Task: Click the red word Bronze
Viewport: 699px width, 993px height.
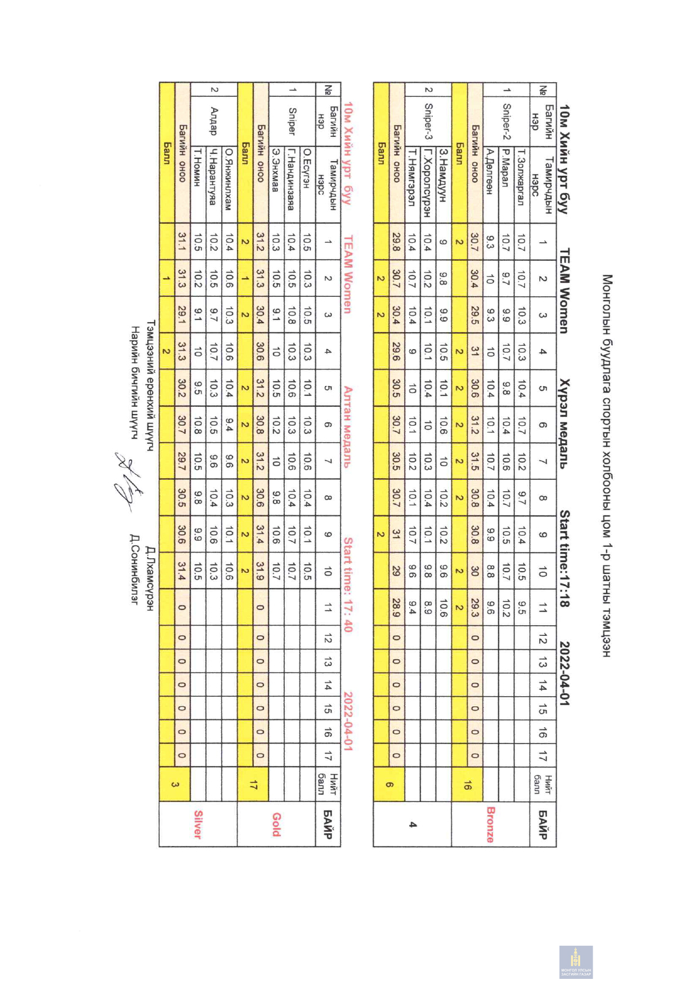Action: coord(490,824)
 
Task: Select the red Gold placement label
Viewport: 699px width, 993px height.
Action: coord(276,824)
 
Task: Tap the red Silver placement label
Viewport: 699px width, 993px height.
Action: coord(197,824)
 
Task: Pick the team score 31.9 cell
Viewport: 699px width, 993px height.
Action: coord(260,571)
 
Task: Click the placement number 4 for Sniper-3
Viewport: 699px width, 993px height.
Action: coord(413,824)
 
